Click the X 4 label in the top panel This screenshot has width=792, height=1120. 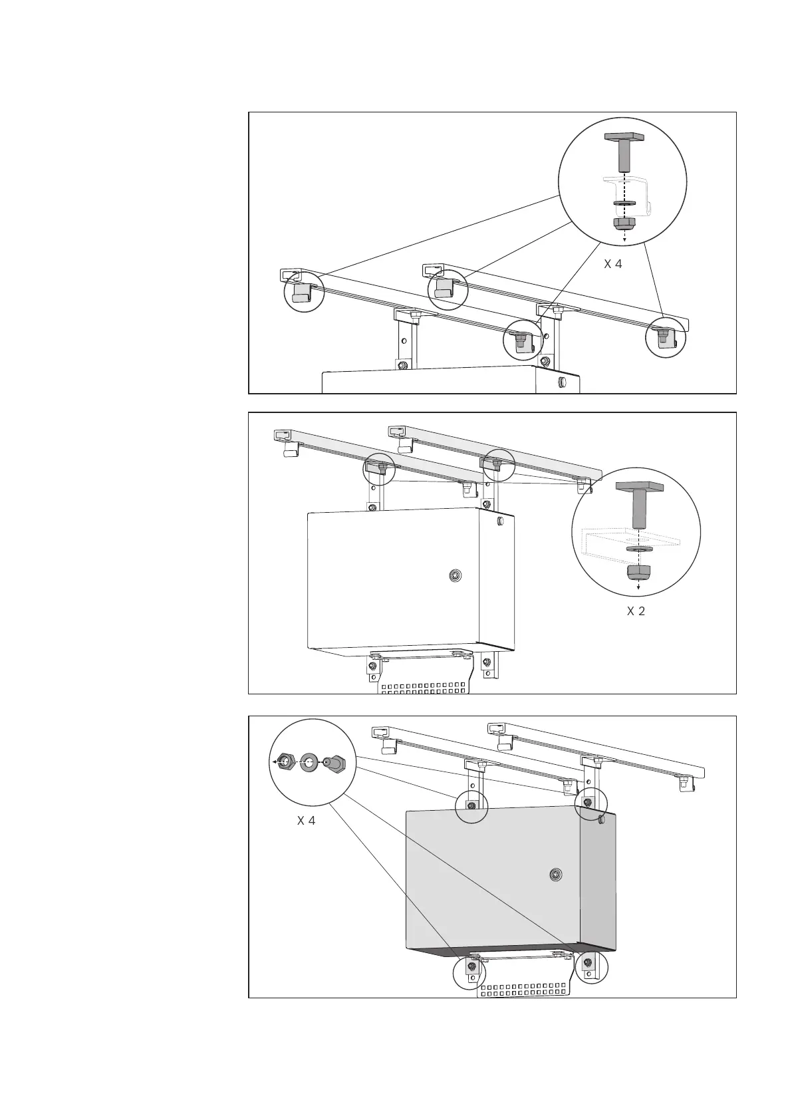coord(612,264)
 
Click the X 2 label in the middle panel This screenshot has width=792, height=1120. coord(636,611)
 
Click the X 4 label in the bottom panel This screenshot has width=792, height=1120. coord(306,821)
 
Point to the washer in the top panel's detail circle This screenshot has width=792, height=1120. coord(624,204)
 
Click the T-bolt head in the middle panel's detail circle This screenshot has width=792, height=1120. coord(639,486)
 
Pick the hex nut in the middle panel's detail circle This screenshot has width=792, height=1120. coord(639,572)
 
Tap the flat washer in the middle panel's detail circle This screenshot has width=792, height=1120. coord(639,550)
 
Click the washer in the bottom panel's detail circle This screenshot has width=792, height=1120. coord(309,762)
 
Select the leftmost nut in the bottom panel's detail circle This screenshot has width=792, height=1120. coord(284,762)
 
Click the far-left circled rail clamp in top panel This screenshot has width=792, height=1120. coord(303,293)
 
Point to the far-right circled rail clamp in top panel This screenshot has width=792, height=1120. coord(665,338)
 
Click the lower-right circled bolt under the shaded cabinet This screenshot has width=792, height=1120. coord(588,962)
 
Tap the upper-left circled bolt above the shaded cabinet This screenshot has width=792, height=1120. coord(471,805)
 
